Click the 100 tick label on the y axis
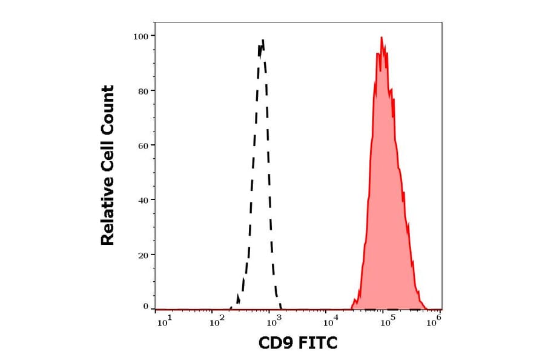(x=140, y=36)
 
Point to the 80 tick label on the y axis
(x=143, y=91)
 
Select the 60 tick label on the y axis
(x=143, y=145)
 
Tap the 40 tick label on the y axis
(x=143, y=200)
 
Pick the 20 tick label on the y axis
(x=143, y=255)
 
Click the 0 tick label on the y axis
(x=145, y=307)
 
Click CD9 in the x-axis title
(x=274, y=344)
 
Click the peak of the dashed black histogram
(x=263, y=41)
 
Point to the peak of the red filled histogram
(x=381, y=38)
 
